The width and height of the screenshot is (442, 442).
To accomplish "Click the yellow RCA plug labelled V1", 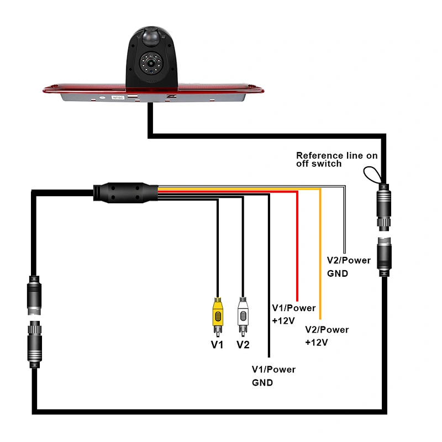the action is click(x=218, y=317).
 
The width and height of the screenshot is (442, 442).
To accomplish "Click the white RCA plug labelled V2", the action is click(x=243, y=317).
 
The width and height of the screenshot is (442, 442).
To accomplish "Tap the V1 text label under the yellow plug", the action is click(x=217, y=344).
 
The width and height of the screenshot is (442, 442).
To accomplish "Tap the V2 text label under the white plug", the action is click(x=243, y=344).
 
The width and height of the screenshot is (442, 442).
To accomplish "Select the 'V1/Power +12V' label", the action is click(x=294, y=314).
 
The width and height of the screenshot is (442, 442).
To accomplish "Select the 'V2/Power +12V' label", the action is click(x=327, y=336).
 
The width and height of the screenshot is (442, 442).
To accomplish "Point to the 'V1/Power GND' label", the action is click(x=273, y=376).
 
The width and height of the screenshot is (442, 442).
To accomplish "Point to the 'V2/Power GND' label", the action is click(x=349, y=267).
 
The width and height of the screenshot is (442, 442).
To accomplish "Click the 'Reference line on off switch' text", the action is click(x=337, y=160).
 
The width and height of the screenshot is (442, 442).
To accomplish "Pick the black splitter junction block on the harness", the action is click(x=126, y=192).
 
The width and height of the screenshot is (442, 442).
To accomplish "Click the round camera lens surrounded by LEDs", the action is click(x=150, y=63).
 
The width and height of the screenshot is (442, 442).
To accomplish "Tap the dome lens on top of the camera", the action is click(x=151, y=36).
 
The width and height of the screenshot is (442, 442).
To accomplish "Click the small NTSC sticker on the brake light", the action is click(x=118, y=98).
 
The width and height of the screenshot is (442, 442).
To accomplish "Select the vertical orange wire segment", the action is click(x=320, y=254).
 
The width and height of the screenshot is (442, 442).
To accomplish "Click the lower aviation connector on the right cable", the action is click(x=384, y=257).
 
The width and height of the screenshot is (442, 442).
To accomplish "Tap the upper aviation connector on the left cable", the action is click(x=34, y=295).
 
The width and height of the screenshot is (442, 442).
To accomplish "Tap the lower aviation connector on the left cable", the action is click(x=35, y=344).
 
